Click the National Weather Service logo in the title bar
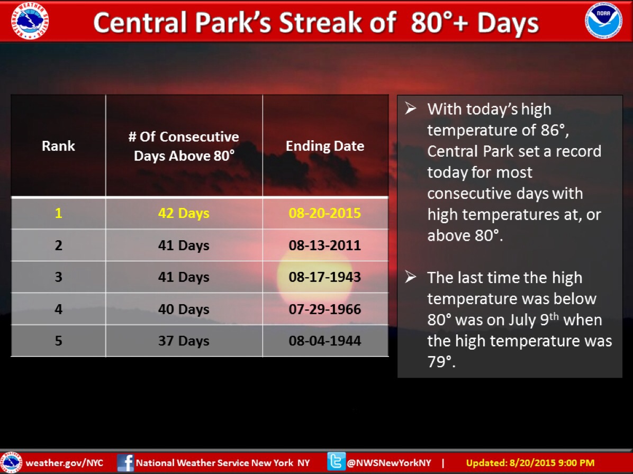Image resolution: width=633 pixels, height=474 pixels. [x=30, y=21]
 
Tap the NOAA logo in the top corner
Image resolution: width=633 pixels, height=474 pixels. [x=603, y=21]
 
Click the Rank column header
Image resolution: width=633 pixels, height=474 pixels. [x=59, y=145]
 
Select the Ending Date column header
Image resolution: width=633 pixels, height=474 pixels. [x=325, y=145]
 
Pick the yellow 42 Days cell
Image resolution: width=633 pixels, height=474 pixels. [x=184, y=213]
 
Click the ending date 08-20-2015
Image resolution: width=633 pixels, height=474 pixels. [x=325, y=213]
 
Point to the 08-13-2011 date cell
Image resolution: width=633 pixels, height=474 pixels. [x=325, y=245]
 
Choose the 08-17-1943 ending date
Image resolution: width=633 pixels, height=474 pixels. [x=325, y=277]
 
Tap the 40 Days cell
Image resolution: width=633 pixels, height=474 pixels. [x=184, y=309]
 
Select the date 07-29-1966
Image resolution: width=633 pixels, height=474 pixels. [x=325, y=309]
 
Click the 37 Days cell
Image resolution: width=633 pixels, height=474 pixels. [x=184, y=341]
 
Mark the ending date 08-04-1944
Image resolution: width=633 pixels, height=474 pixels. [x=325, y=341]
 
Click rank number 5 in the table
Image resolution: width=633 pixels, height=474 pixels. [x=59, y=341]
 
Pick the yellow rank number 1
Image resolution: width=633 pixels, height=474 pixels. [x=59, y=213]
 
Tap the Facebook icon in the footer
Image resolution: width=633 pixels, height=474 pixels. [x=125, y=463]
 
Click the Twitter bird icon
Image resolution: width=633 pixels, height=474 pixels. [x=336, y=462]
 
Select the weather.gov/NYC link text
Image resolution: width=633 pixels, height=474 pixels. [x=65, y=463]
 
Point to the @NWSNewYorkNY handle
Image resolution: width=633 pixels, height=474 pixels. [x=389, y=463]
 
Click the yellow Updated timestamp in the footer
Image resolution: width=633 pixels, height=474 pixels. [x=530, y=463]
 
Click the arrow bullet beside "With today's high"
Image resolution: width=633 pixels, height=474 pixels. [x=411, y=108]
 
